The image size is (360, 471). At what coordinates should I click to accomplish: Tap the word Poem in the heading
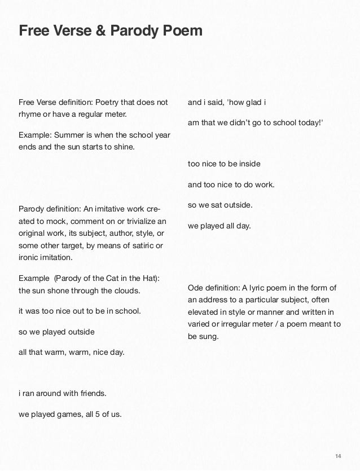[182, 30]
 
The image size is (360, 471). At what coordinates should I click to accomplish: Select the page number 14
[339, 456]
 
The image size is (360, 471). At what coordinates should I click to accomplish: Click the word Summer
[68, 135]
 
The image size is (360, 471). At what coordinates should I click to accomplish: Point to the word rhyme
[29, 115]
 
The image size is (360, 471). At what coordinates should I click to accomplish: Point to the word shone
[58, 291]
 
